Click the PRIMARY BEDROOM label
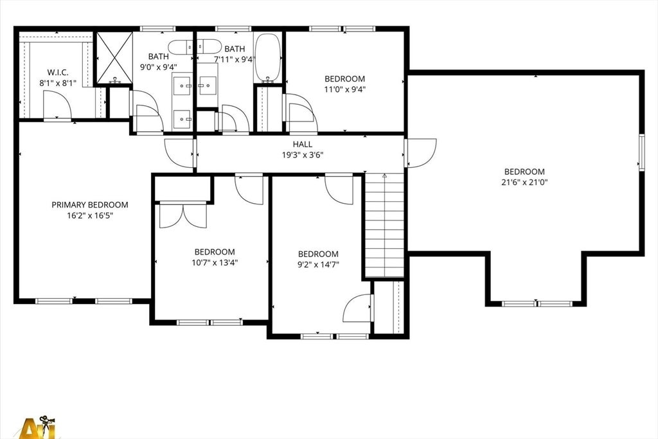pos(90,205)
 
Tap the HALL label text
pos(302,145)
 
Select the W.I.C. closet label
pos(58,73)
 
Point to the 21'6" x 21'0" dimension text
pos(524,182)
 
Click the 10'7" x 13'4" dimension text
pos(215,263)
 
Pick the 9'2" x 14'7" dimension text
pos(318,264)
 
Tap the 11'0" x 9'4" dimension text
pos(344,89)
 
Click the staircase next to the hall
pos(384,226)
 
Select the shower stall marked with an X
pos(114,58)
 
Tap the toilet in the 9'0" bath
pos(181,46)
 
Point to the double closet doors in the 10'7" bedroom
pos(183,215)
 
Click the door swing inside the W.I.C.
pos(57,105)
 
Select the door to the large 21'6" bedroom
pos(421,153)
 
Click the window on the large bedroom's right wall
pos(641,152)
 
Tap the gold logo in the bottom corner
pos(38,427)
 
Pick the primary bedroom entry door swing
pos(181,153)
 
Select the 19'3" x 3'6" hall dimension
pos(302,156)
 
